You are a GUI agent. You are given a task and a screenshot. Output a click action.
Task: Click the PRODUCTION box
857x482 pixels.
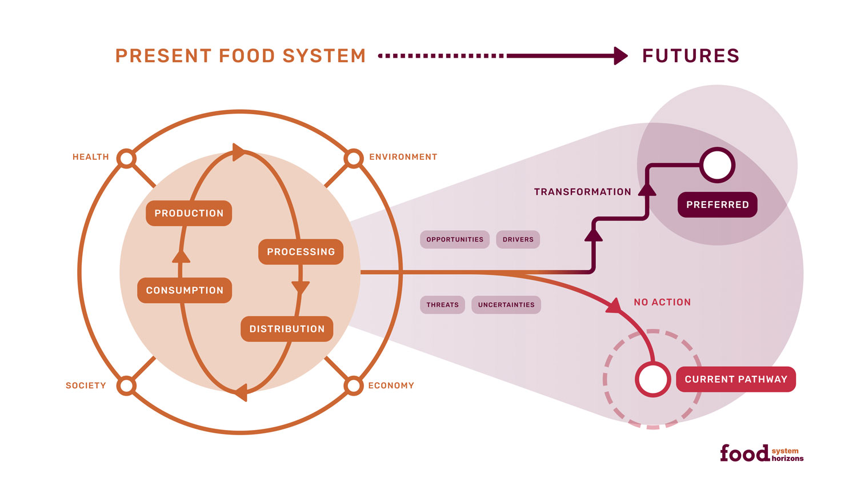pyautogui.click(x=189, y=213)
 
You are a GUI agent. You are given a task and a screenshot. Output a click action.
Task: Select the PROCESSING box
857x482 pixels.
pyautogui.click(x=301, y=252)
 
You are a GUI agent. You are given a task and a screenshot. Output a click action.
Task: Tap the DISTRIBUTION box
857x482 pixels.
pyautogui.click(x=287, y=329)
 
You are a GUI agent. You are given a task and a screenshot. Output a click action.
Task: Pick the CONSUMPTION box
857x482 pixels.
pyautogui.click(x=185, y=290)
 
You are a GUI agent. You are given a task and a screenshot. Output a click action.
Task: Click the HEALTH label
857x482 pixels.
pyautogui.click(x=90, y=157)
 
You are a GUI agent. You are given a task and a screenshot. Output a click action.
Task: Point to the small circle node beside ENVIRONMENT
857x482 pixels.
pyautogui.click(x=354, y=158)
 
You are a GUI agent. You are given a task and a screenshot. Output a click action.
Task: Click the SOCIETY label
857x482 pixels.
pyautogui.click(x=86, y=385)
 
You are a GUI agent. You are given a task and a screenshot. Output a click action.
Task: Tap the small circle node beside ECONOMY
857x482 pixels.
pyautogui.click(x=354, y=385)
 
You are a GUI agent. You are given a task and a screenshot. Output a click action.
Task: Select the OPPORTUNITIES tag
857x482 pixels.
pyautogui.click(x=455, y=239)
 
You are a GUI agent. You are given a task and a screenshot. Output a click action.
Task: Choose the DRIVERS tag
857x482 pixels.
pyautogui.click(x=518, y=239)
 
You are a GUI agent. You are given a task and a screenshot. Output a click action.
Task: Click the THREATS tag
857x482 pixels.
pyautogui.click(x=442, y=305)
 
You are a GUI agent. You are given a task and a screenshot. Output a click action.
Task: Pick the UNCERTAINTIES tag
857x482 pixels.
pyautogui.click(x=506, y=305)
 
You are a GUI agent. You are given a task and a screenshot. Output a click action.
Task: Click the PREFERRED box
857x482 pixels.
pyautogui.click(x=717, y=205)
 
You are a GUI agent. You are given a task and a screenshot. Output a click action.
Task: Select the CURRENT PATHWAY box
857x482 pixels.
pyautogui.click(x=735, y=379)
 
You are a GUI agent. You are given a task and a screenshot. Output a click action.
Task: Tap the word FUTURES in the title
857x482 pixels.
pyautogui.click(x=690, y=56)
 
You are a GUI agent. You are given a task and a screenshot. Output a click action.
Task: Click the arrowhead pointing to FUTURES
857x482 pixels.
pyautogui.click(x=620, y=56)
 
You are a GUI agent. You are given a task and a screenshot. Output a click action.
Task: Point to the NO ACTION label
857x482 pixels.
pyautogui.click(x=662, y=302)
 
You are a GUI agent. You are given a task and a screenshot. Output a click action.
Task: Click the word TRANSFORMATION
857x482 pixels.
pyautogui.click(x=582, y=192)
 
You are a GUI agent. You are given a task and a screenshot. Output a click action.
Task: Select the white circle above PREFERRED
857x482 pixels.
pyautogui.click(x=717, y=165)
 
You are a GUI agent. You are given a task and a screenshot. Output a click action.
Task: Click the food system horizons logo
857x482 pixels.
pyautogui.click(x=761, y=453)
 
